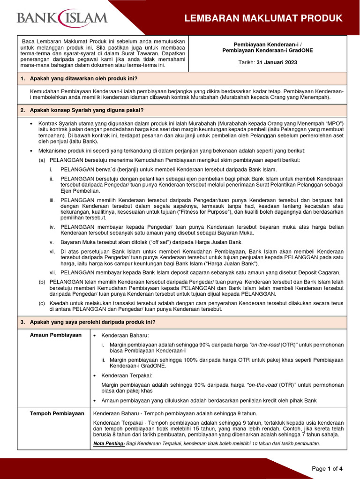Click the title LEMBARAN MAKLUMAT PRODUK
pyautogui.click(x=263, y=18)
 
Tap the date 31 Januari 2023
pyautogui.click(x=277, y=62)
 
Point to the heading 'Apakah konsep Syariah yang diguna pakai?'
pyautogui.click(x=87, y=110)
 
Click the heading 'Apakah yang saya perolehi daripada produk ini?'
pyautogui.click(x=92, y=322)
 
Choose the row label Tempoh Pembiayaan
pyautogui.click(x=57, y=413)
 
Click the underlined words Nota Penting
pyautogui.click(x=106, y=443)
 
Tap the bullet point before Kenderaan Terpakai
pyautogui.click(x=95, y=375)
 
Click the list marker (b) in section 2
pyautogui.click(x=42, y=281)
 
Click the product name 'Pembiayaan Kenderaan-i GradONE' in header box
pyautogui.click(x=268, y=51)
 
